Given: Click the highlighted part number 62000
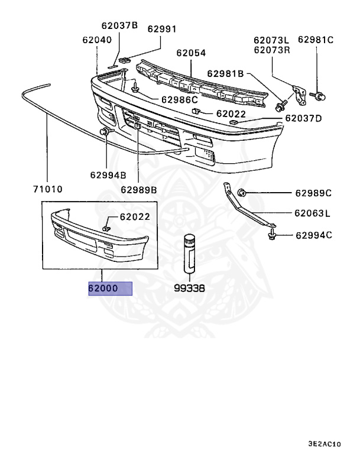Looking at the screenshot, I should [x=103, y=289].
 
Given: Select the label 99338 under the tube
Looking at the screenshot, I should [x=189, y=289].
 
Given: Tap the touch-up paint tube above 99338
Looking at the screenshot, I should [x=189, y=252].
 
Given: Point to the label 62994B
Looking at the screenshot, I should [x=108, y=175].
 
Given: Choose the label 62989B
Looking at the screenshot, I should [x=139, y=190].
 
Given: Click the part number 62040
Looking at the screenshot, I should [x=96, y=40].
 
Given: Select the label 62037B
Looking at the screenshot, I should [x=119, y=25].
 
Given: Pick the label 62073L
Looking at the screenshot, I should [x=272, y=40].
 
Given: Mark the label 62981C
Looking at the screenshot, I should [x=315, y=40].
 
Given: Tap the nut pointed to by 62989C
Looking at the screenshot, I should [x=242, y=192].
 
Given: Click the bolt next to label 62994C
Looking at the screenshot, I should [x=272, y=236].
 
